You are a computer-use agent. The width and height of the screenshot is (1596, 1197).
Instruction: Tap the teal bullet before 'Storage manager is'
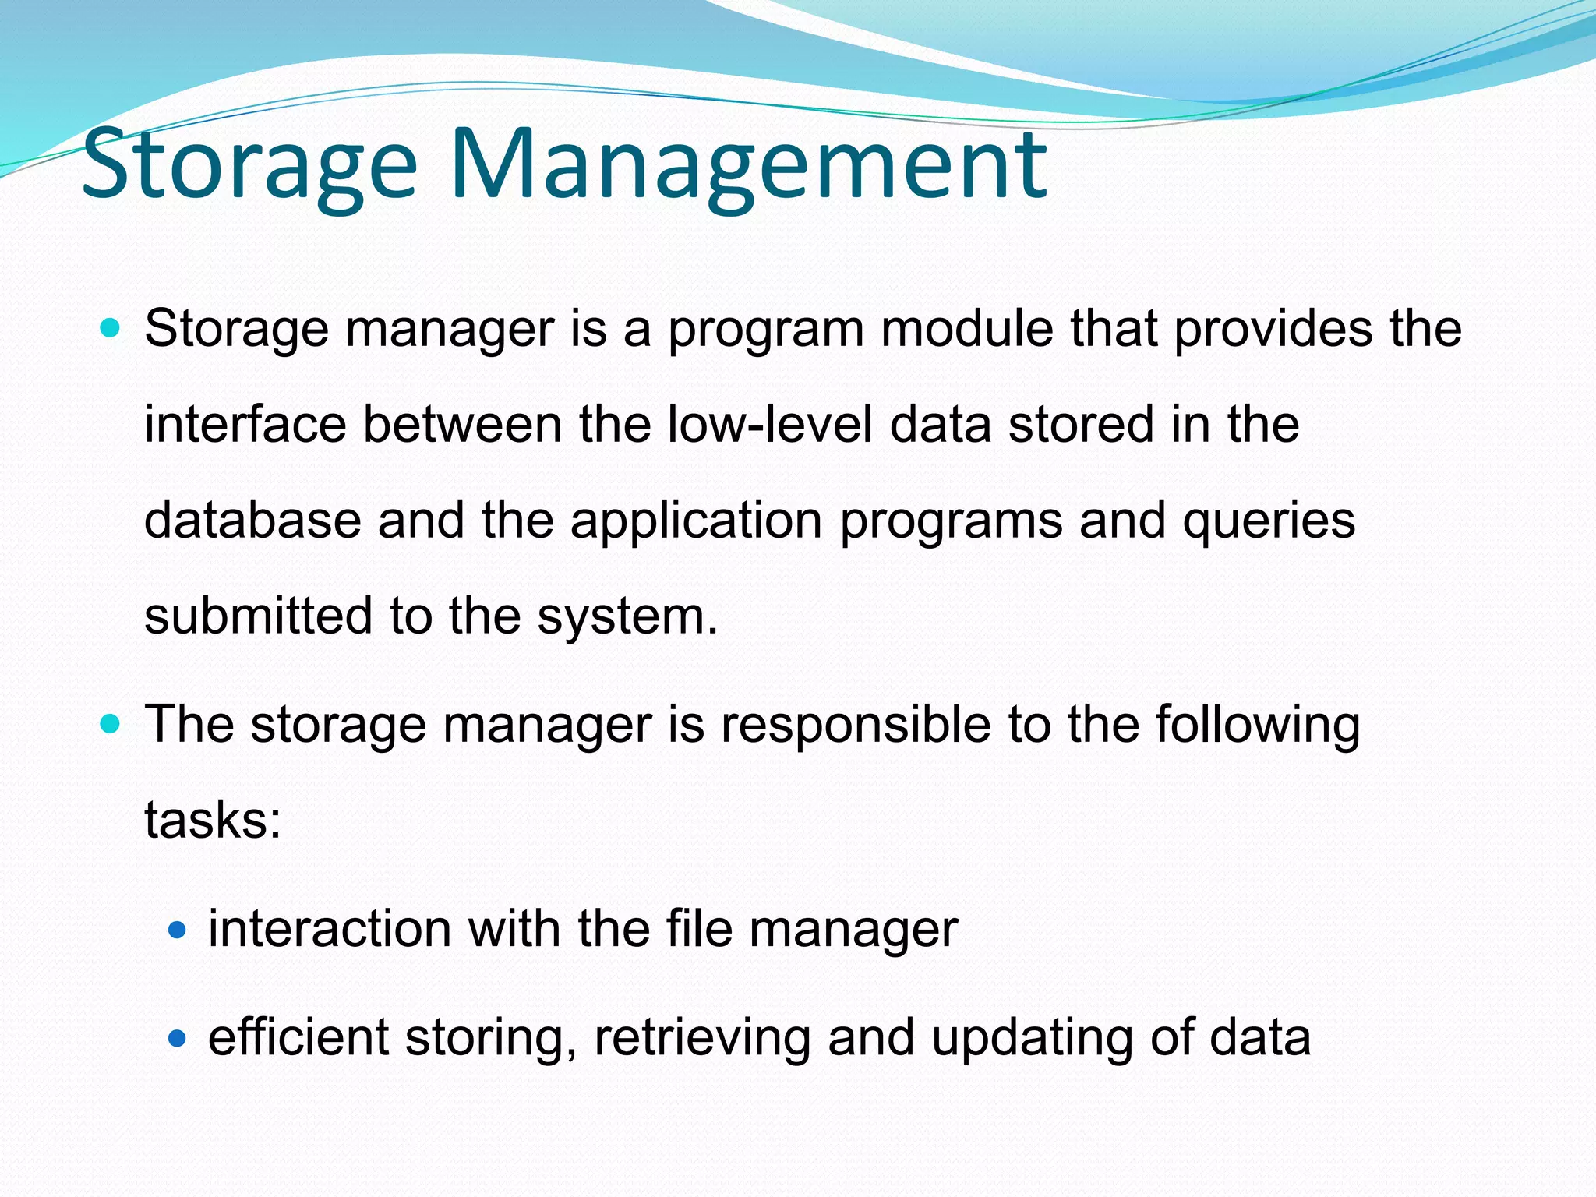[x=111, y=328]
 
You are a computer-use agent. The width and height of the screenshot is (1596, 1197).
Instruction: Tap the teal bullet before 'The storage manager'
[x=111, y=724]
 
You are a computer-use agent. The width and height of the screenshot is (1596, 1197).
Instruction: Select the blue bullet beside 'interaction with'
[x=178, y=929]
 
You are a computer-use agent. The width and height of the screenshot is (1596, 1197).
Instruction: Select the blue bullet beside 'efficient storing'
[x=178, y=1038]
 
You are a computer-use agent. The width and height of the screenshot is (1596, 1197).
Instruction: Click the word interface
[x=245, y=425]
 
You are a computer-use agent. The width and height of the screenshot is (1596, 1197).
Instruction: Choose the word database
[x=252, y=520]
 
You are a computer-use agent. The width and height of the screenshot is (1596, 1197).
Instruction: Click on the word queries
[x=1269, y=521]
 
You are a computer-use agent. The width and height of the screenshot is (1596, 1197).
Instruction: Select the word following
[x=1257, y=726]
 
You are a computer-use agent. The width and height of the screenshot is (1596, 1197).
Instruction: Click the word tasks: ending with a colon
[x=213, y=821]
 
